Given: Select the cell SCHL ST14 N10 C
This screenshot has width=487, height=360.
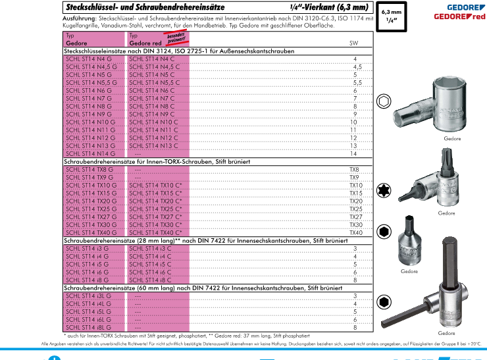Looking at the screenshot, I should click(x=154, y=122).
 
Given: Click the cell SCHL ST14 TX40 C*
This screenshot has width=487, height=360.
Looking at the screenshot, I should click(x=156, y=232).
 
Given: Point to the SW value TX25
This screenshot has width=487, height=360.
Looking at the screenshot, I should click(x=355, y=209).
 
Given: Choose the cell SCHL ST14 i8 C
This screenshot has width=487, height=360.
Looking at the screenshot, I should click(x=151, y=280).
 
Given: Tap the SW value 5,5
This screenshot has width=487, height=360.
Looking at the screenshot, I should click(x=357, y=83).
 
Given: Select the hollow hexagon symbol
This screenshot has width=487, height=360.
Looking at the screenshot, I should click(x=382, y=102).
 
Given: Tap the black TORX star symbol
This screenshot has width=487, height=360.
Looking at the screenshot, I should click(x=382, y=191).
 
